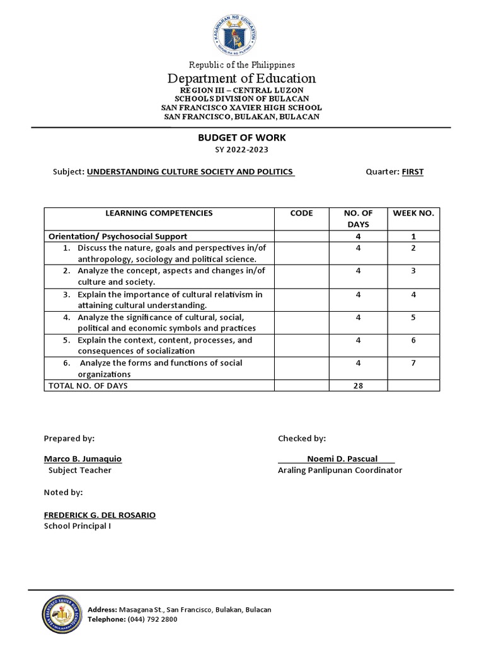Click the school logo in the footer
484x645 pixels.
pyautogui.click(x=61, y=614)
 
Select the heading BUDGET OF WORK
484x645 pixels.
pyautogui.click(x=242, y=137)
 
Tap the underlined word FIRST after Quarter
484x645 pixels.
pyautogui.click(x=413, y=172)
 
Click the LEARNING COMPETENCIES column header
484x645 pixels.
pyautogui.click(x=159, y=214)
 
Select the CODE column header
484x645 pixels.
pyautogui.click(x=301, y=214)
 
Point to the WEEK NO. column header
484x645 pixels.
pyautogui.click(x=413, y=214)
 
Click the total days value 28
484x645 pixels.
pyautogui.click(x=358, y=385)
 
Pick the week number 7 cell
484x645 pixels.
pyautogui.click(x=413, y=363)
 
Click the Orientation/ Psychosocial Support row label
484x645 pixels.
pyautogui.click(x=118, y=236)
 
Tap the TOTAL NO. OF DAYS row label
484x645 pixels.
pyautogui.click(x=88, y=385)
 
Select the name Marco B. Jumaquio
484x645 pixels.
pyautogui.click(x=83, y=459)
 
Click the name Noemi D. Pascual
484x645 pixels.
pyautogui.click(x=342, y=459)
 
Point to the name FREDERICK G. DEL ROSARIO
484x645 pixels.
pyautogui.click(x=100, y=515)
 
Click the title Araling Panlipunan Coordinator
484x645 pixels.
pyautogui.click(x=340, y=470)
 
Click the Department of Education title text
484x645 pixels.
pyautogui.click(x=241, y=79)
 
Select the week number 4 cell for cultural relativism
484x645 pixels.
pyautogui.click(x=413, y=295)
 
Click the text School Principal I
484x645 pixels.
pyautogui.click(x=77, y=526)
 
